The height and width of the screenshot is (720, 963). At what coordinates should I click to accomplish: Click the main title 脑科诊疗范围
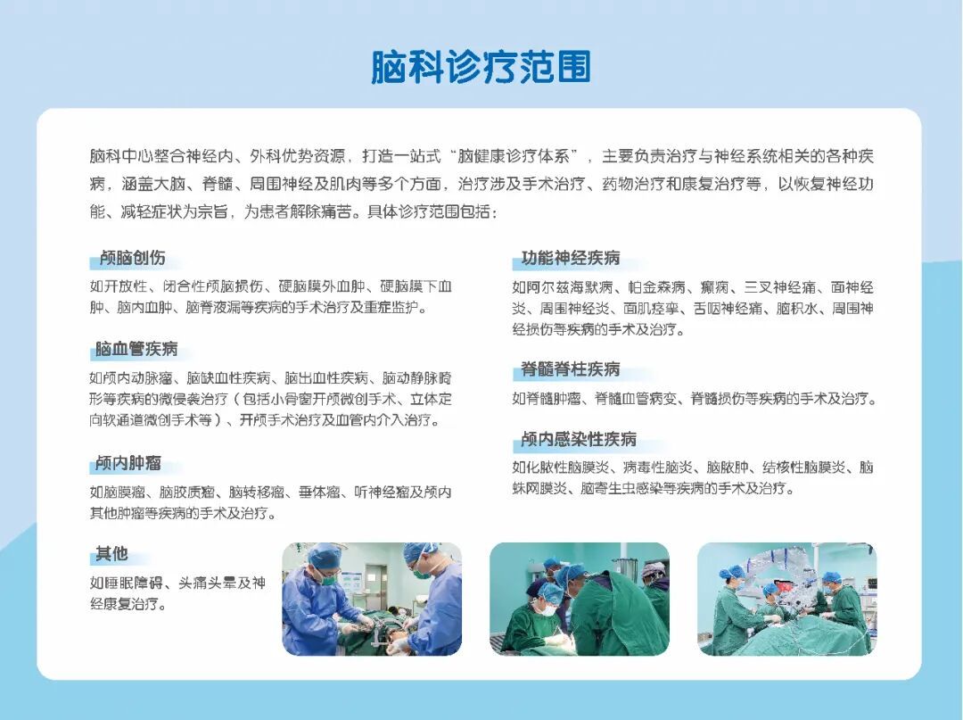coord(481,67)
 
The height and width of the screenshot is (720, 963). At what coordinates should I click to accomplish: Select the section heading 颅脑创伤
coord(133,258)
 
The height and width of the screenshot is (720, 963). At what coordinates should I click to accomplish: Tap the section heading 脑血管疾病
coord(136,349)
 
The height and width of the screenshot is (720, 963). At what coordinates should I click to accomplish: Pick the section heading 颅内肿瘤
coord(128,463)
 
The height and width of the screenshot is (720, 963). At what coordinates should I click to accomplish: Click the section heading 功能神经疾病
coord(571,258)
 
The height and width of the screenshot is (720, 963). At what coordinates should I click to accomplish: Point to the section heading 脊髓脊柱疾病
coord(571,369)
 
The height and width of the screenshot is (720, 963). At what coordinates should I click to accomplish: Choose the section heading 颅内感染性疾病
coord(579,439)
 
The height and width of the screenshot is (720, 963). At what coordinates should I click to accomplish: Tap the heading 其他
coord(111,554)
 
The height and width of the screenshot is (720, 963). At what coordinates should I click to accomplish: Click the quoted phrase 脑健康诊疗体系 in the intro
coord(514,157)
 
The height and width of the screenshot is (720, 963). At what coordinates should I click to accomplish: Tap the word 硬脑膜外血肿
coord(322,287)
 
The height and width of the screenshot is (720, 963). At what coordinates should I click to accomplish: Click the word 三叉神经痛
coord(780,287)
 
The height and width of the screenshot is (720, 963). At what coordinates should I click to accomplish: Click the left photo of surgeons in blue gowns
coord(372,599)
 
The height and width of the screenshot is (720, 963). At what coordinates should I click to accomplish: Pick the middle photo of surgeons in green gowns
coord(580,599)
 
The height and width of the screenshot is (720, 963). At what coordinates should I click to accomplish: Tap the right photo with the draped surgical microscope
coord(786,599)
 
